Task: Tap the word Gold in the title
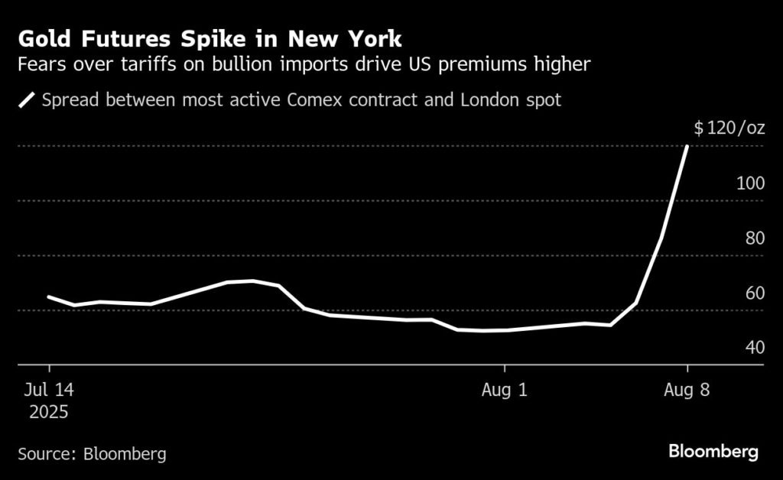coord(44,39)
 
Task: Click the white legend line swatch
coord(28,100)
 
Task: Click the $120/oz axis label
coord(729,128)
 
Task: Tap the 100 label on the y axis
coord(750,183)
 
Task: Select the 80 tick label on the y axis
coord(755,238)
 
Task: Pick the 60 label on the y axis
coord(755,293)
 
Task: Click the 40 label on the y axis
coord(755,348)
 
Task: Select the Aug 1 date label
coord(505,390)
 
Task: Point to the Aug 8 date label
coord(687,390)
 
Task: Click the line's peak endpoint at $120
coord(687,146)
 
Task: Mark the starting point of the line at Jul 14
coord(49,297)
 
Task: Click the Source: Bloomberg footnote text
coord(92,453)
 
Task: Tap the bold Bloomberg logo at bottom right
coord(713,452)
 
